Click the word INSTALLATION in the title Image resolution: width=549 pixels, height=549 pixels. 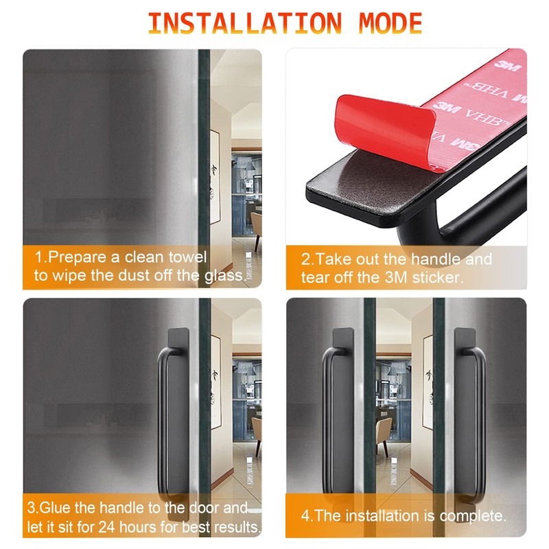click(x=245, y=23)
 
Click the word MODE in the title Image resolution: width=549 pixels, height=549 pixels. click(x=390, y=23)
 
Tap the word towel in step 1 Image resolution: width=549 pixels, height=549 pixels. click(x=187, y=257)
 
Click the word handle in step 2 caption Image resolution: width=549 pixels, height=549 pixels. click(x=436, y=259)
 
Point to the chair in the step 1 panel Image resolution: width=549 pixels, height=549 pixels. click(x=257, y=231)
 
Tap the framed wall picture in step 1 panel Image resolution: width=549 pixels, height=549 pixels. click(x=215, y=177)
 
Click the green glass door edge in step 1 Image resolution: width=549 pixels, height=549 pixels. click(x=204, y=168)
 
